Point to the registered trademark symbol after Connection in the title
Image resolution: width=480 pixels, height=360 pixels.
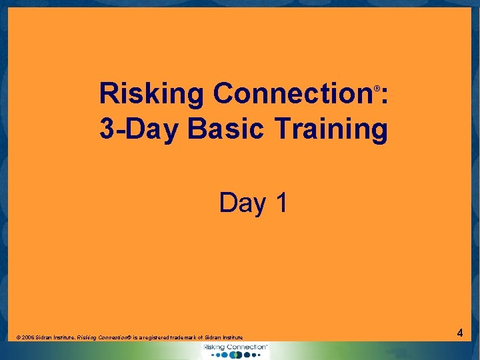(x=377, y=88)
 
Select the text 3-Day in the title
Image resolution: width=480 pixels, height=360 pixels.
(x=138, y=129)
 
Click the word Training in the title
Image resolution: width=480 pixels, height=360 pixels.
(x=333, y=129)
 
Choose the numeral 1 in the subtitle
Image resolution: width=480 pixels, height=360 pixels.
(x=280, y=203)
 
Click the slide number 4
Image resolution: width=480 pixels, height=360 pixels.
(x=459, y=332)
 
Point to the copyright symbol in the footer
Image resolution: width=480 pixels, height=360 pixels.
(x=17, y=338)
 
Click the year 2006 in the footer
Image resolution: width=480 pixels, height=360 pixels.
(x=27, y=338)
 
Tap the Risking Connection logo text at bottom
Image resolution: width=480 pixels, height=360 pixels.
(x=235, y=347)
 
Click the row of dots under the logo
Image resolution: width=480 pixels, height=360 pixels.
(x=236, y=355)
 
